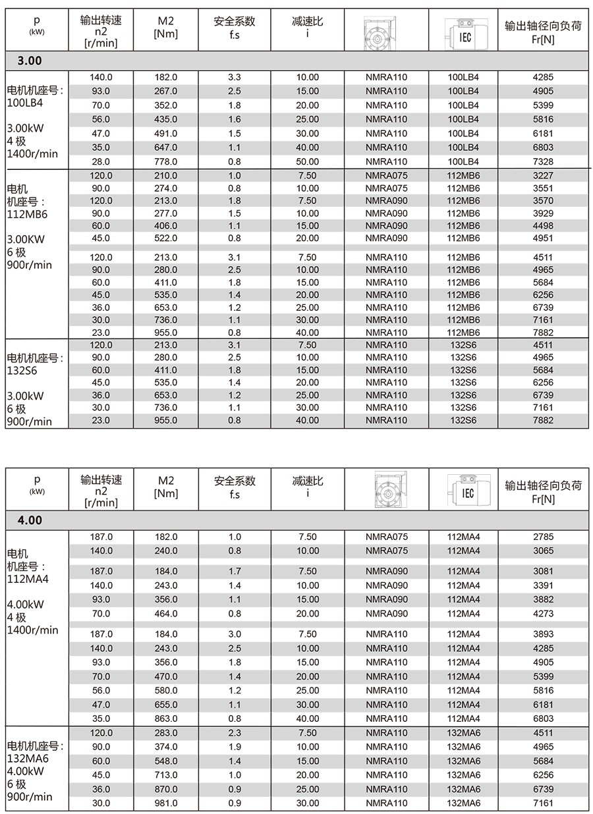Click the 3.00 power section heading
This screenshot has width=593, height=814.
point(30,61)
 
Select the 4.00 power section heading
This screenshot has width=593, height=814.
point(30,520)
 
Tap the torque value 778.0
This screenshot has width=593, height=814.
point(165,162)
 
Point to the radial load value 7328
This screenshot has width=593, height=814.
point(543,162)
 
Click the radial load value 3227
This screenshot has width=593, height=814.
point(543,176)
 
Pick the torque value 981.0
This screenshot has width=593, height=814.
point(165,803)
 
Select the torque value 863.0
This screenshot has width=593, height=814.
point(165,719)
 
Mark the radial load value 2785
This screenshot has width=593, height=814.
point(543,537)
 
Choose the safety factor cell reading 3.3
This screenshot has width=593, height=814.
point(234,77)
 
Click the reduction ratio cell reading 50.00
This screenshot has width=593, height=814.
point(307,162)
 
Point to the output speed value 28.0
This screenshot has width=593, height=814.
point(101,162)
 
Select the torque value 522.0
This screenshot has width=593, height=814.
point(165,238)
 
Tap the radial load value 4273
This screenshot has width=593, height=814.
point(543,613)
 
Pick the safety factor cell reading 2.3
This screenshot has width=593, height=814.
point(234,733)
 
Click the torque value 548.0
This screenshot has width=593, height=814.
point(165,761)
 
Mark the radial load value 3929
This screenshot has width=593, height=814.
point(543,213)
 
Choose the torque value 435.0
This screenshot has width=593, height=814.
point(165,119)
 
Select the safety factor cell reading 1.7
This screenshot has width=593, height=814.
point(234,571)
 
